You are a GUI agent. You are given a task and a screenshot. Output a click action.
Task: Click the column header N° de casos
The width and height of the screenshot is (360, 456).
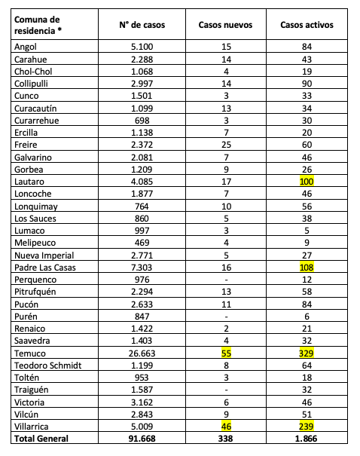(142, 25)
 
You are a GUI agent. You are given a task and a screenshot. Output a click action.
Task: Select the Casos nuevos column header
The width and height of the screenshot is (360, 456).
(225, 25)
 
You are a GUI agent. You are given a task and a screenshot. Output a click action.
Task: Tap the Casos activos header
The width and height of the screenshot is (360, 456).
(307, 25)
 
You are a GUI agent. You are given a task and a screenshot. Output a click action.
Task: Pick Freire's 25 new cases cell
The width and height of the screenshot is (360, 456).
(225, 144)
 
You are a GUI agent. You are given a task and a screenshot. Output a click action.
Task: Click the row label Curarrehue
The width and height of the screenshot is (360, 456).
(37, 120)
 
